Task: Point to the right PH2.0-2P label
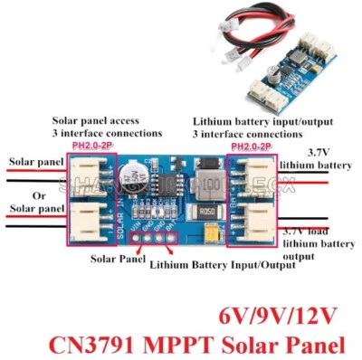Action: pyautogui.click(x=253, y=146)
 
